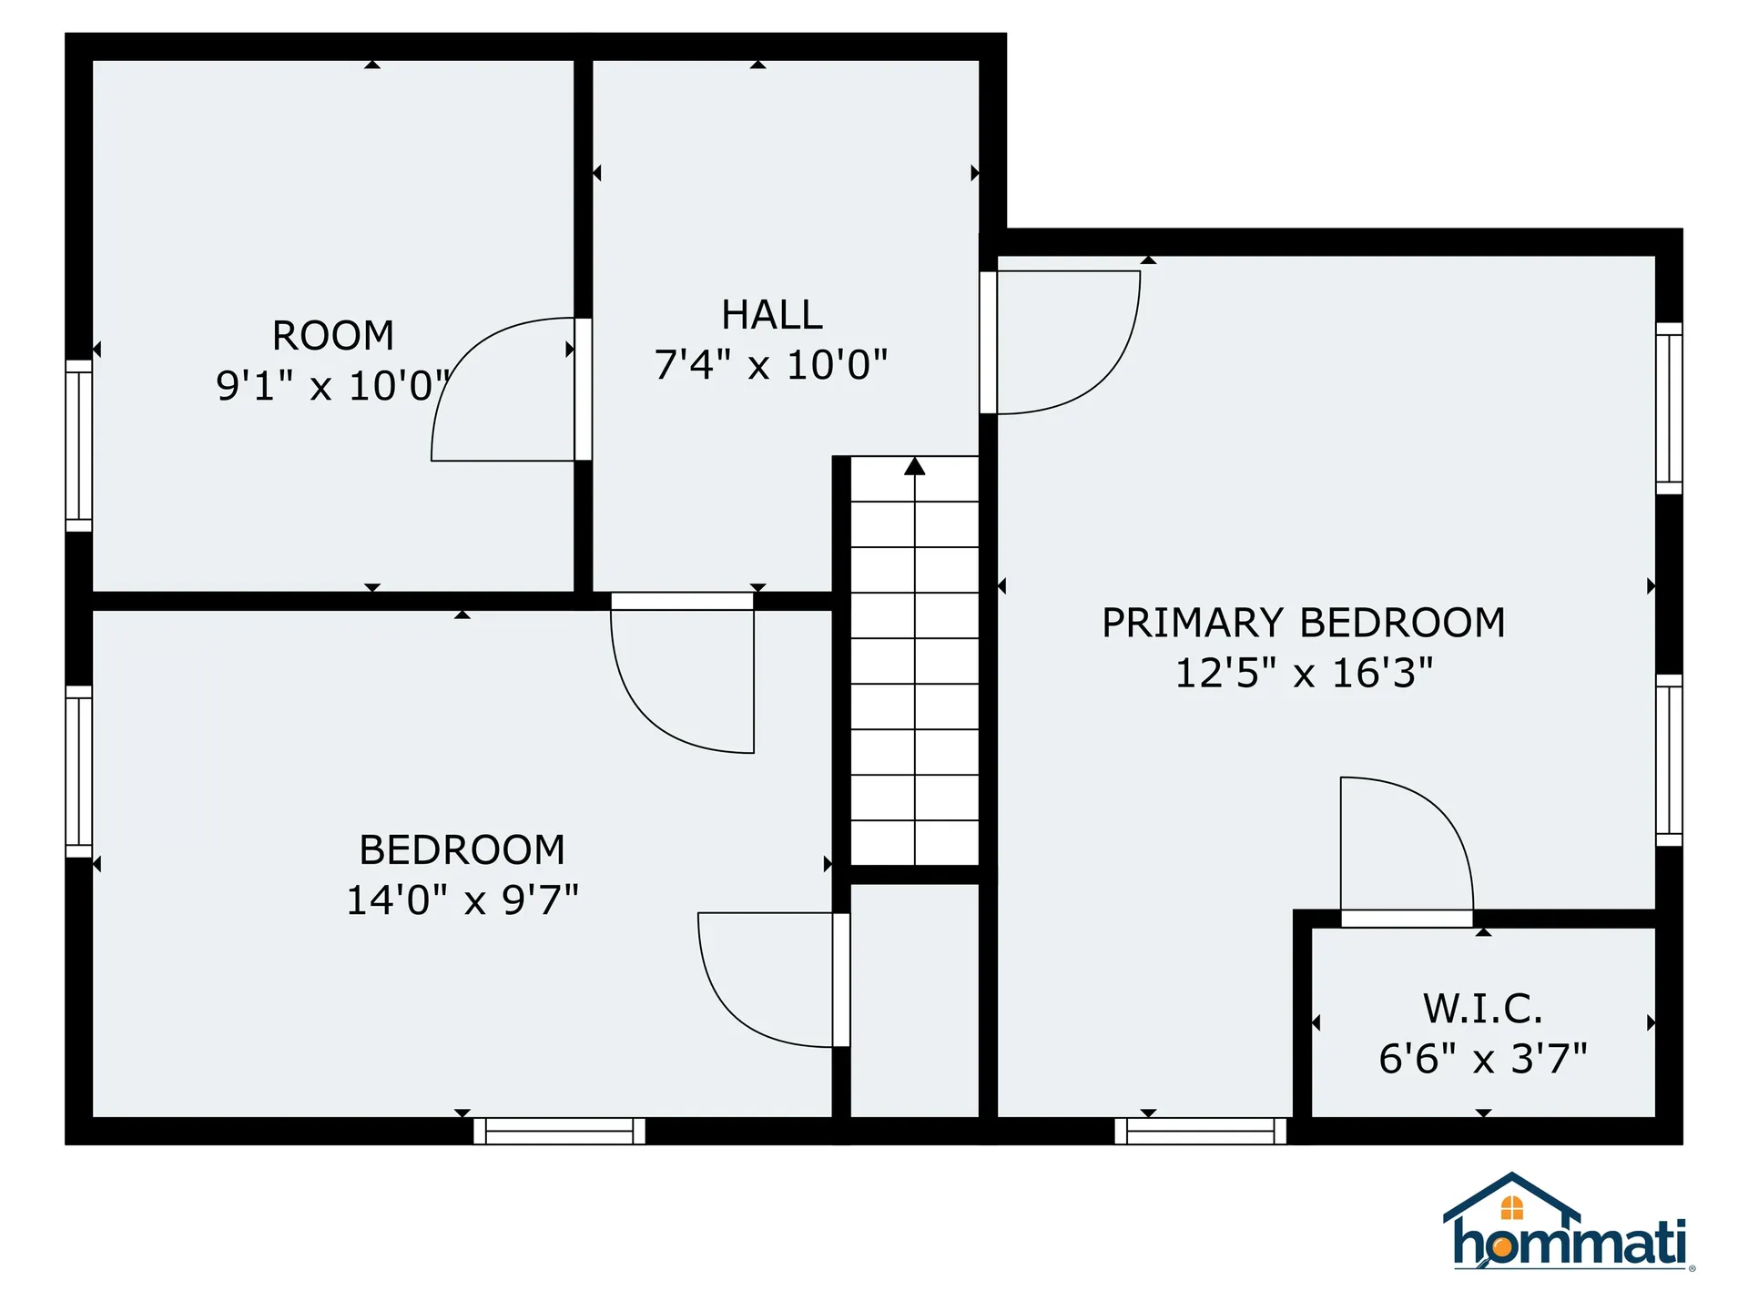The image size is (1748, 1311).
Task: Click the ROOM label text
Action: tap(333, 336)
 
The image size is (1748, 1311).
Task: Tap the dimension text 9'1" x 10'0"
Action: tap(333, 386)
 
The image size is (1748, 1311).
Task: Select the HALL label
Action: tap(772, 315)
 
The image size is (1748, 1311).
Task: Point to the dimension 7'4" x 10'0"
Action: tap(770, 365)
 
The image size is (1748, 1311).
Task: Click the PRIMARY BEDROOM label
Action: tap(1303, 623)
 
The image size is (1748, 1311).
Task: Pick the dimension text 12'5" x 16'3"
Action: tap(1303, 674)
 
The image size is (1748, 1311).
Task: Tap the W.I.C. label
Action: tap(1482, 1009)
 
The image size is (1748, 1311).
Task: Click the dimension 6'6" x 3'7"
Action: tap(1482, 1059)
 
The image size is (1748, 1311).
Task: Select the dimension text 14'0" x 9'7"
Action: tap(462, 900)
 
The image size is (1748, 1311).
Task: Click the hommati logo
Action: tap(1569, 1225)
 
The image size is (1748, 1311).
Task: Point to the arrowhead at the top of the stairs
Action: tap(915, 467)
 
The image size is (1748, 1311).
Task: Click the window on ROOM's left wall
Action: tap(79, 445)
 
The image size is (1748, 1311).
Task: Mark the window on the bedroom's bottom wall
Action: tap(559, 1131)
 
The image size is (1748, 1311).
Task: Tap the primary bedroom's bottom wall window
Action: tap(1200, 1131)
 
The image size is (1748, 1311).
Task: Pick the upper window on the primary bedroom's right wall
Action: tap(1669, 408)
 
